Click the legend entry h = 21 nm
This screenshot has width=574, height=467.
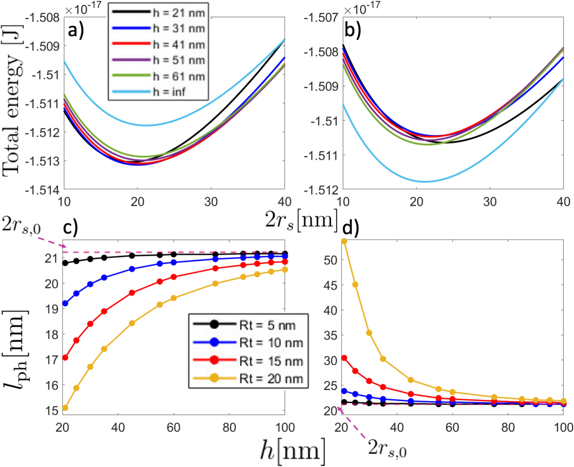pyautogui.click(x=159, y=13)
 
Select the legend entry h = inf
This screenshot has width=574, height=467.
pyautogui.click(x=159, y=92)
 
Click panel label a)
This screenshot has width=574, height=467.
pyautogui.click(x=76, y=31)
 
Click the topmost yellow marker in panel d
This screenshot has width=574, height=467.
pyautogui.click(x=344, y=241)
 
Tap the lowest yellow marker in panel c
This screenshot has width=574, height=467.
pyautogui.click(x=65, y=408)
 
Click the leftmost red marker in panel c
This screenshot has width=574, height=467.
pyautogui.click(x=65, y=358)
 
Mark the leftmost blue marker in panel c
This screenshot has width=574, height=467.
pyautogui.click(x=65, y=304)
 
